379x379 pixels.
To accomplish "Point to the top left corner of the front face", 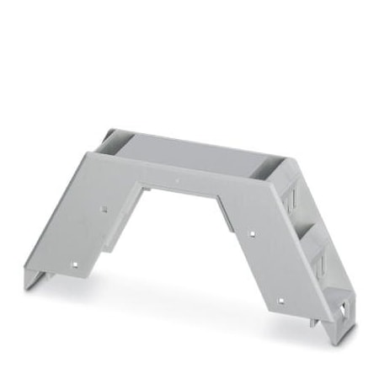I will click(x=86, y=152).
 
